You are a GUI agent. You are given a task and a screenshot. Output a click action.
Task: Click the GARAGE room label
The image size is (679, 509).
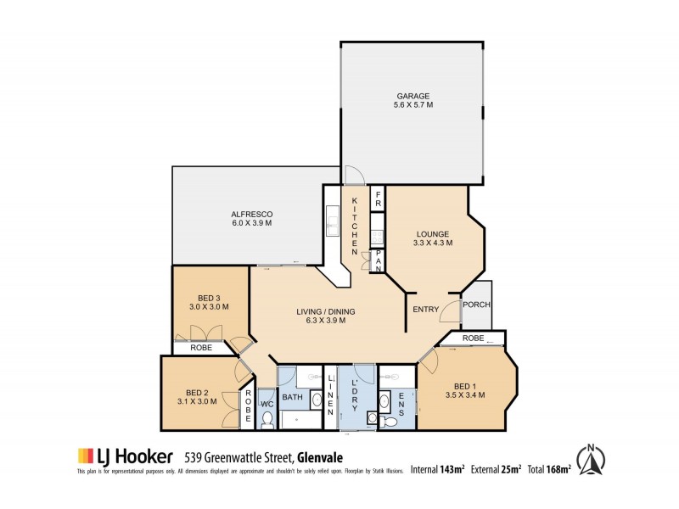(413, 101)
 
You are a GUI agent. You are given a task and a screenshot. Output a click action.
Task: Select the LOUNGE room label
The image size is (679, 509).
(434, 238)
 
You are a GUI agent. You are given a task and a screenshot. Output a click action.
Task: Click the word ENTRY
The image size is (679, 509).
(426, 310)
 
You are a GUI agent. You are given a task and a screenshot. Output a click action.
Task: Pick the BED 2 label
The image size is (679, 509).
(198, 397)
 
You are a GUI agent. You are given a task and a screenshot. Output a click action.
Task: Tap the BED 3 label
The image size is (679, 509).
(210, 302)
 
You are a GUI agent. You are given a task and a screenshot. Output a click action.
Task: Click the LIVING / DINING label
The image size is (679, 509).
(327, 316)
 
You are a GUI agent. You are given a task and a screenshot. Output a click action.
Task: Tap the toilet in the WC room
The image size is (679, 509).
(267, 418)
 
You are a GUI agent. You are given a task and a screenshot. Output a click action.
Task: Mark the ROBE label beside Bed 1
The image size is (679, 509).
(474, 338)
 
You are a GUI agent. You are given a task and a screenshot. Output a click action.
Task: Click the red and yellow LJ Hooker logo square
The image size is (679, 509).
(86, 455)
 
